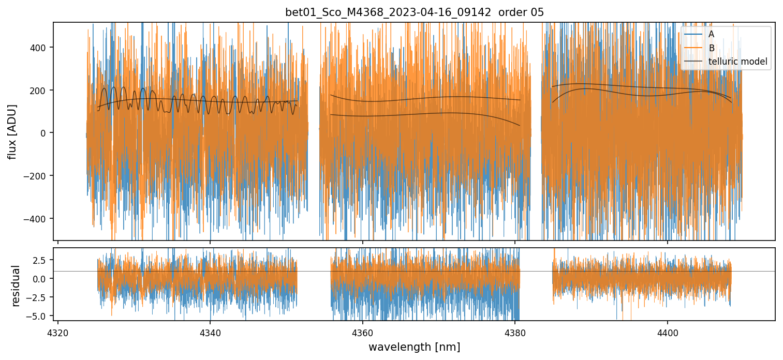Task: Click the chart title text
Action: pos(414,12)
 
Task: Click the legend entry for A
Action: pos(711,34)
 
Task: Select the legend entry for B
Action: pos(711,48)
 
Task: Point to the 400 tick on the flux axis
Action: pos(42,48)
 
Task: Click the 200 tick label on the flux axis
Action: pos(42,91)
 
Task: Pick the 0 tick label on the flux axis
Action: pos(47,133)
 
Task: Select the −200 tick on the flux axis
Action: pos(40,176)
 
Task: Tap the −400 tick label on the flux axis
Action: pos(40,218)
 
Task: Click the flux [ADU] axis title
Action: pos(12,131)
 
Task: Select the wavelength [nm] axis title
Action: pos(414,347)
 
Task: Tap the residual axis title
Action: pos(16,285)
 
